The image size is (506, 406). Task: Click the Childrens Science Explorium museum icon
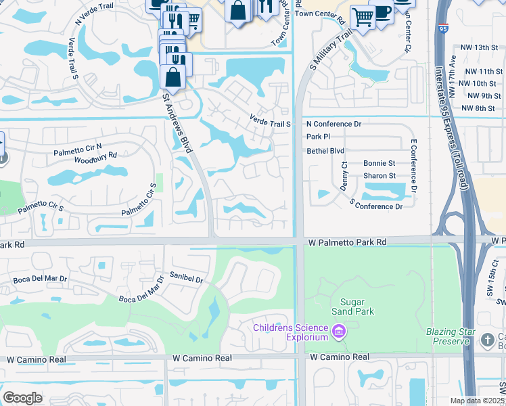coord(339,333)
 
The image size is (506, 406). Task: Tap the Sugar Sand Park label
coord(348,307)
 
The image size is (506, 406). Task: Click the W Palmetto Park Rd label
coord(346,242)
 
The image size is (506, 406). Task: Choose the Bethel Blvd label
coord(325,150)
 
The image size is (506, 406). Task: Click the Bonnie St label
coord(379,163)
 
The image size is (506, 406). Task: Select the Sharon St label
coord(379,176)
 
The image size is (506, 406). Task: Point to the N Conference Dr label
coord(333,124)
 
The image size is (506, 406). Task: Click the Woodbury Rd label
coord(95,162)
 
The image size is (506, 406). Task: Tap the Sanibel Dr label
coord(187,279)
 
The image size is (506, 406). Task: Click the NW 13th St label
coord(476,47)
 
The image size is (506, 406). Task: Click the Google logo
coord(23,398)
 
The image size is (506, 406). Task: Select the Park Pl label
coord(317,137)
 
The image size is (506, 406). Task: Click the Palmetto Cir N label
coord(78,150)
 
